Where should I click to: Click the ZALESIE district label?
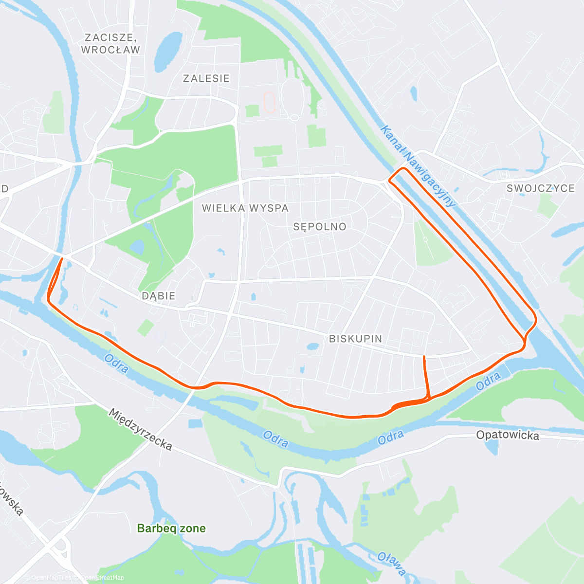pos(206,78)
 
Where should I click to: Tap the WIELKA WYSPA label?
pos(245,208)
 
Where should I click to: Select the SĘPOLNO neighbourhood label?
pos(320,227)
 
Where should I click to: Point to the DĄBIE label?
pos(158,296)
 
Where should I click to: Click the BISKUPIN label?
pos(355,339)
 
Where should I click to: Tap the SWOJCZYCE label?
pos(540,188)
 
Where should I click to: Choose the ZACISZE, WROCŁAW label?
pos(110,43)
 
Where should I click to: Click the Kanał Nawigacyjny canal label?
pos(418,166)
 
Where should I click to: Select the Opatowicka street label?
pos(508,435)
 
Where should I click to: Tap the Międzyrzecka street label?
pos(140,429)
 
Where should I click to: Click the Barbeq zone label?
pos(171,529)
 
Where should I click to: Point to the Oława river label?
pos(392,564)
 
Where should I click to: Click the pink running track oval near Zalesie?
pos(269,103)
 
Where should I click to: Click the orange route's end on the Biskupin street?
pos(424,357)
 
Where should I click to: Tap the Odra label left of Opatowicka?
pos(391,438)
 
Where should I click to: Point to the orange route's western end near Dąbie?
pos(62,259)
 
